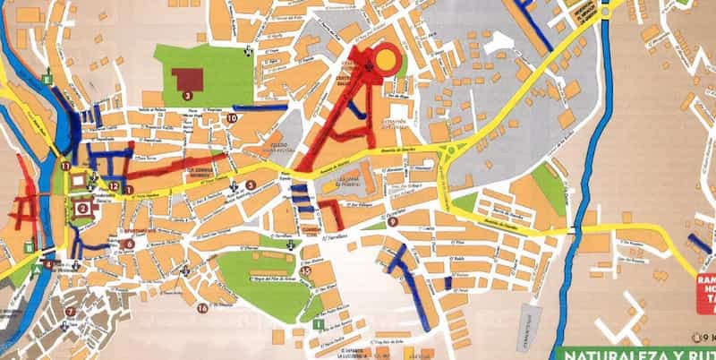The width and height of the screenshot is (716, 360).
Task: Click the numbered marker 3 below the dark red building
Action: (x=187, y=94)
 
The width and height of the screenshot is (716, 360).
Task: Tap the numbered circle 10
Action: (x=232, y=118)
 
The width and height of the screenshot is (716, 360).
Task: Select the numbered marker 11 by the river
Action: (x=65, y=166)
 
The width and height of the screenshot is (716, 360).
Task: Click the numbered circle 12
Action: (x=115, y=185)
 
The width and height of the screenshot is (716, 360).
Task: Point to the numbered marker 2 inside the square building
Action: (x=83, y=208)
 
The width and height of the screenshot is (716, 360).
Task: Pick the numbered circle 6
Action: (x=130, y=243)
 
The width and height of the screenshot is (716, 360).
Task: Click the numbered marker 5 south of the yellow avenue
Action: (x=251, y=185)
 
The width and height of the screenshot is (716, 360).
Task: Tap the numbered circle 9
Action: (x=393, y=221)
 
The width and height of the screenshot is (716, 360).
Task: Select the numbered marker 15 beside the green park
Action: (x=306, y=270)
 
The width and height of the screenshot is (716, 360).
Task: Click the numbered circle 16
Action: (x=202, y=308)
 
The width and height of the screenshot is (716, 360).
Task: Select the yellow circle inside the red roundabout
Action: (x=386, y=59)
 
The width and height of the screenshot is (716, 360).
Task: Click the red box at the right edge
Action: (x=705, y=292)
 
